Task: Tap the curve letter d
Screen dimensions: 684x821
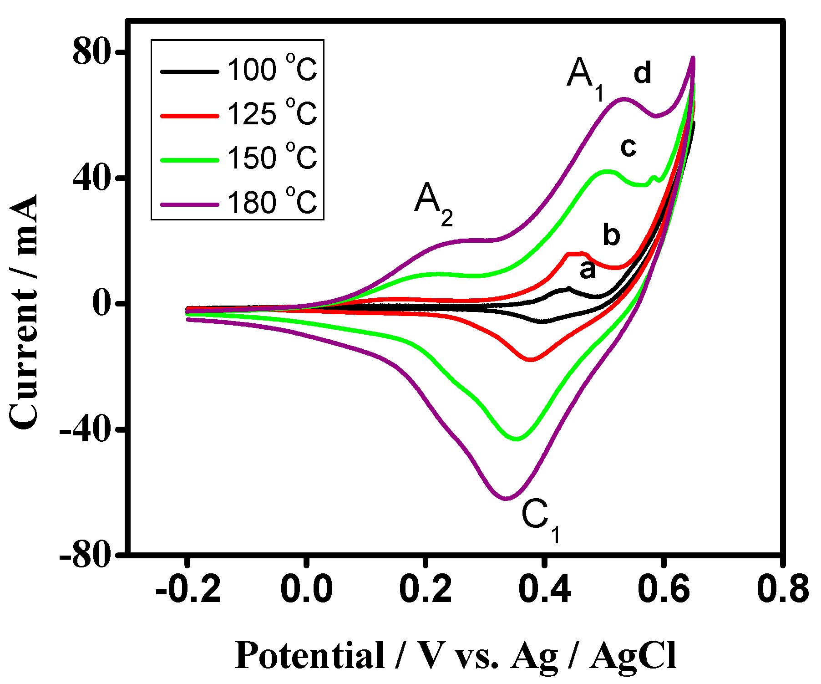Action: tap(642, 73)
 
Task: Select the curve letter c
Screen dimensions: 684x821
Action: tap(628, 147)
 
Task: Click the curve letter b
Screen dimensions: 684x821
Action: tap(611, 235)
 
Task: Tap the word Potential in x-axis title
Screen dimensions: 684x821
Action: tap(310, 656)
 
